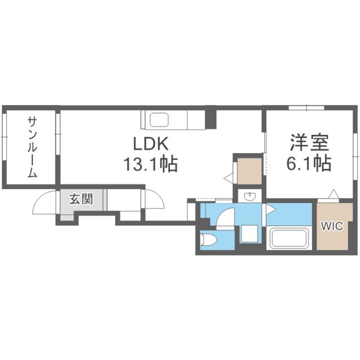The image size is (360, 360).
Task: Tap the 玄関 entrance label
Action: click(77, 199)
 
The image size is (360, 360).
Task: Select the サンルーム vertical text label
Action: click(32, 147)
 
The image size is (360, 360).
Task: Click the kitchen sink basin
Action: click(159, 120)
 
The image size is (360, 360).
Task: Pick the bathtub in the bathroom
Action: click(291, 238)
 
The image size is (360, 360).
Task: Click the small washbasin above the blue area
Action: click(249, 196)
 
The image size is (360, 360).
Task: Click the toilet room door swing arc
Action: click(227, 218)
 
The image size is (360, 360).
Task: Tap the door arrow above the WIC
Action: click(334, 194)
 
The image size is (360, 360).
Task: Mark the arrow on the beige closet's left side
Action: click(228, 178)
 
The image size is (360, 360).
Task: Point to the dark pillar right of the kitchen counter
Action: click(210, 116)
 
